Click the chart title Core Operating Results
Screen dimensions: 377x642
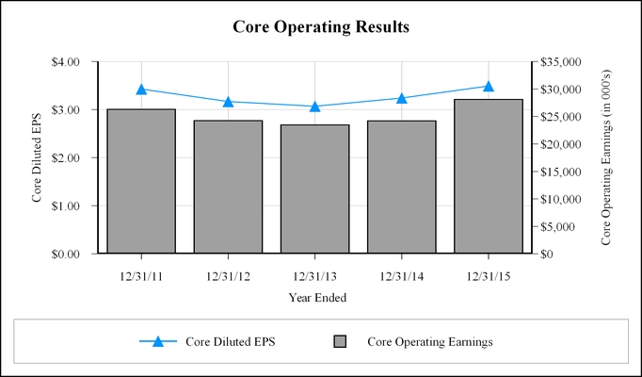click(321, 27)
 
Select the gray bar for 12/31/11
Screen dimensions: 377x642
click(141, 181)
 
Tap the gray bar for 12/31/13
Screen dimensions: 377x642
click(314, 188)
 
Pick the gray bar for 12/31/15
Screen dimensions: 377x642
click(488, 176)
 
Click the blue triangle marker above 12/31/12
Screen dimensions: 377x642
click(228, 101)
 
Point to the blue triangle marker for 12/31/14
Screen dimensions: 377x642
click(401, 98)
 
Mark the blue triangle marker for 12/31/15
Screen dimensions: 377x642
click(488, 87)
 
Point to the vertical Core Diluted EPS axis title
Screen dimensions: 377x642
click(38, 157)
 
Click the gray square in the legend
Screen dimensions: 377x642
click(342, 341)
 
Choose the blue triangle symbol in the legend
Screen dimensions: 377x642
click(158, 341)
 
